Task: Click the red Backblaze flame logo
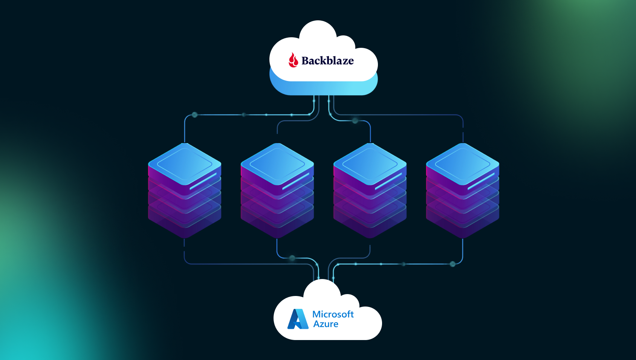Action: coord(293,60)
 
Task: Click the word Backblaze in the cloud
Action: coord(327,61)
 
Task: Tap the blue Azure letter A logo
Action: coord(298,319)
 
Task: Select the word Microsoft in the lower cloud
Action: coord(333,314)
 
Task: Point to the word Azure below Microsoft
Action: coord(326,324)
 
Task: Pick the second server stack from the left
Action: coord(277,188)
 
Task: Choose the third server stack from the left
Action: coord(370,188)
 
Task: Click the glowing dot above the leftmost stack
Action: coord(195,115)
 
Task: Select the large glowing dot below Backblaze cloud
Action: coord(355,121)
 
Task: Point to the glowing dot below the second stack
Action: coord(292,258)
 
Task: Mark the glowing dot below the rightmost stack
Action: coord(453,264)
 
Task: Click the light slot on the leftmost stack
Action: coord(203,182)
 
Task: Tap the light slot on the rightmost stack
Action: coord(481,182)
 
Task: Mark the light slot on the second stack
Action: coord(296,182)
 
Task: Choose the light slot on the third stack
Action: coord(388,182)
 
